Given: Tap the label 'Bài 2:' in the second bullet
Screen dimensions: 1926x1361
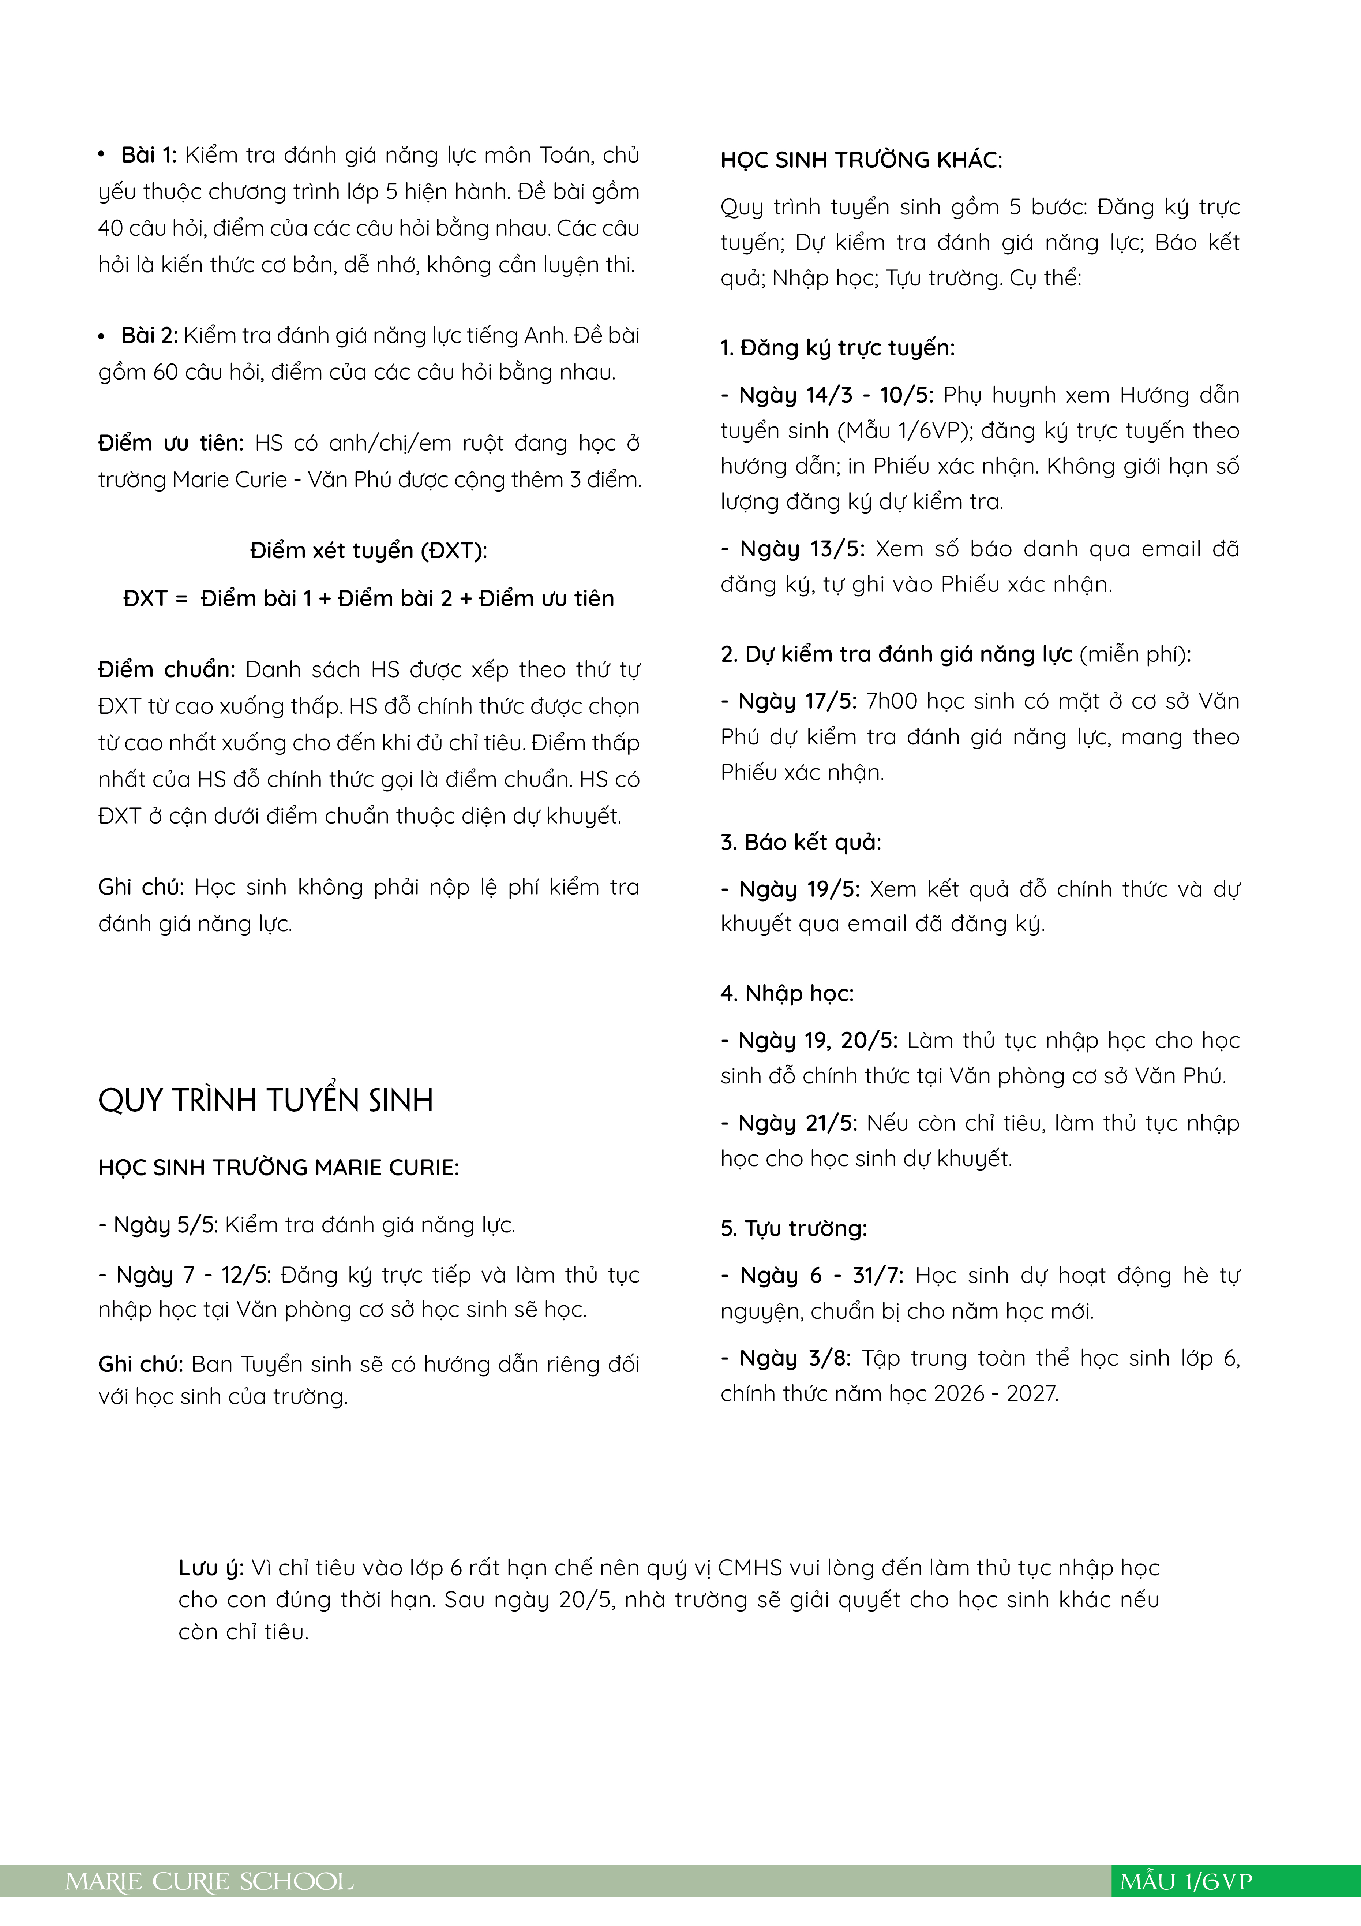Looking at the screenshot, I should tap(149, 336).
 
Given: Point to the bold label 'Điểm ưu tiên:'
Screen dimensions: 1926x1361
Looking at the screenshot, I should tap(170, 443).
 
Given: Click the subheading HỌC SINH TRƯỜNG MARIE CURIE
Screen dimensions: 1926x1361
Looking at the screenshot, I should tap(278, 1168).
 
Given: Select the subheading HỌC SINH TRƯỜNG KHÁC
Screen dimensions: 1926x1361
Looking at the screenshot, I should tap(861, 160).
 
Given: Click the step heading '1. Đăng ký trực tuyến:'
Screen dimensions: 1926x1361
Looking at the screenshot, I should tap(837, 348).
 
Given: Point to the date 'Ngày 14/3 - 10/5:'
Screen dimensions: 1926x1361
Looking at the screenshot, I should tap(835, 395).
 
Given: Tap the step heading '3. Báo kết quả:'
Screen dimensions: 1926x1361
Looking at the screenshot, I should tap(801, 842).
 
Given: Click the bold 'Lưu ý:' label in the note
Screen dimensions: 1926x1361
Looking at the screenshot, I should tap(210, 1568).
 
